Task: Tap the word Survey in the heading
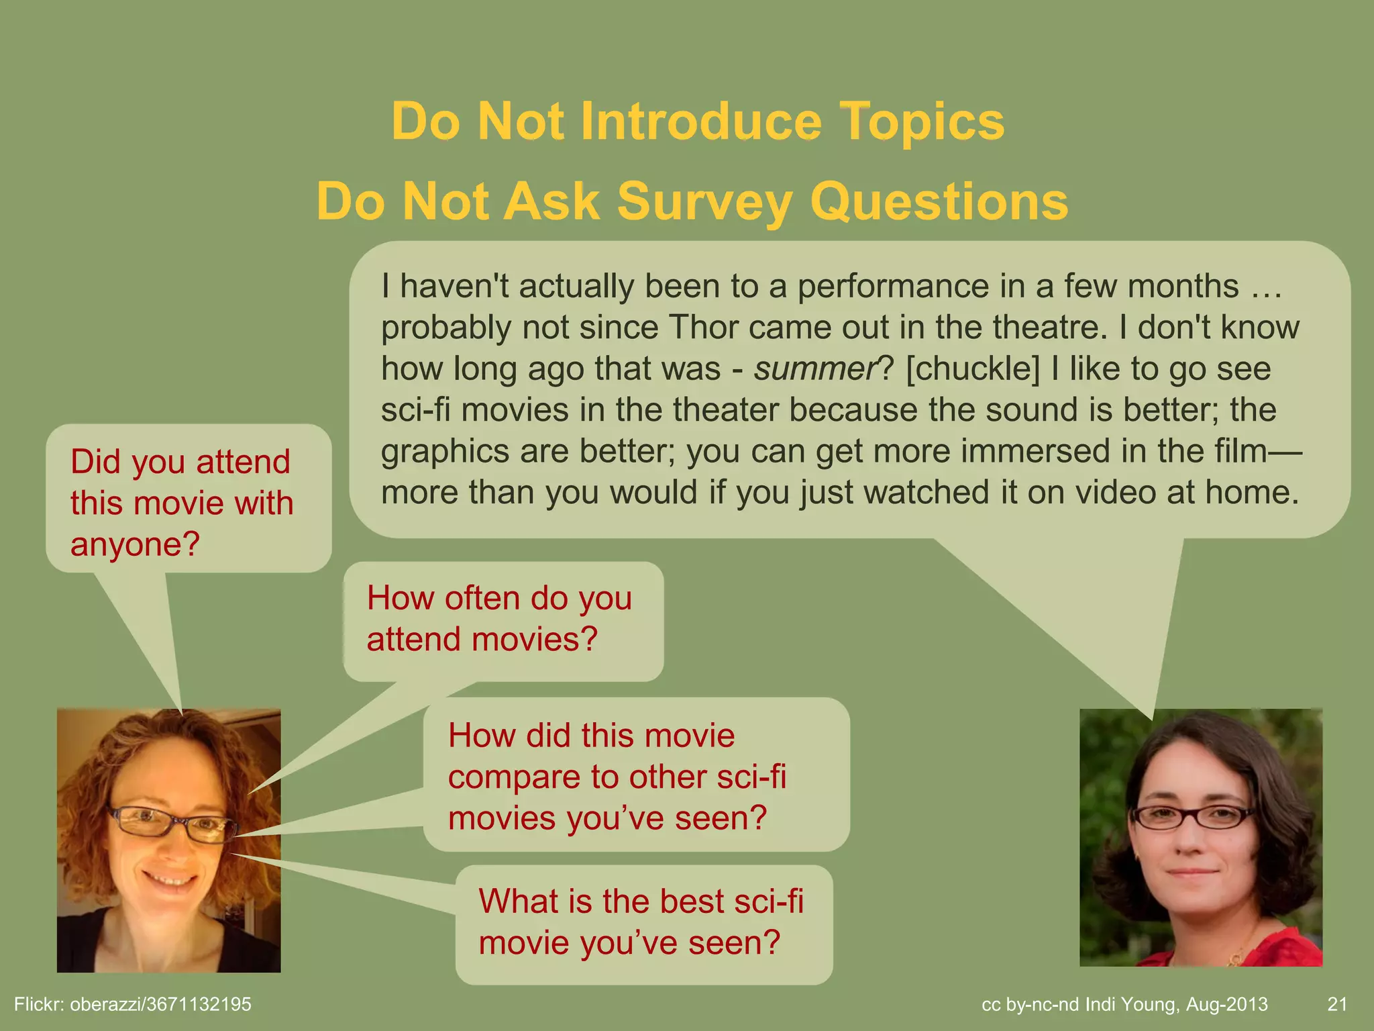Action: click(704, 201)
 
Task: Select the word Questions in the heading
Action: click(939, 201)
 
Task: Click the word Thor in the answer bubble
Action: click(703, 328)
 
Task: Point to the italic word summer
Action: click(814, 369)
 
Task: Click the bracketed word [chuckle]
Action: click(972, 369)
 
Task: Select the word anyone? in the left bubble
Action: click(135, 544)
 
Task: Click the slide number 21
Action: click(1337, 1004)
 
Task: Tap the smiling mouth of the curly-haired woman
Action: click(169, 879)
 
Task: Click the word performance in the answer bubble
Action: click(892, 287)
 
